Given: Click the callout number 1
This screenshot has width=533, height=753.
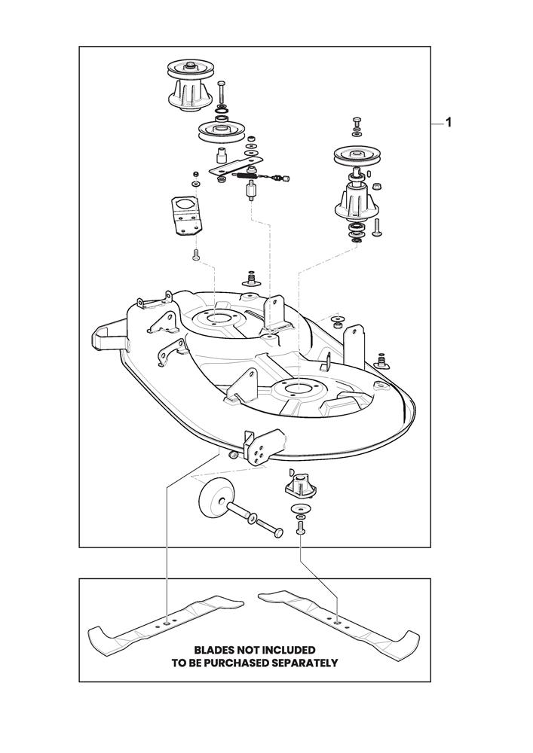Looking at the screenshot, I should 449,123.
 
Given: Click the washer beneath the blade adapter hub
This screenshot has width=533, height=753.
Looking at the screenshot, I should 301,513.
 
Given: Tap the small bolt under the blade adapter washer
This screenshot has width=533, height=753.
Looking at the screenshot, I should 301,530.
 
